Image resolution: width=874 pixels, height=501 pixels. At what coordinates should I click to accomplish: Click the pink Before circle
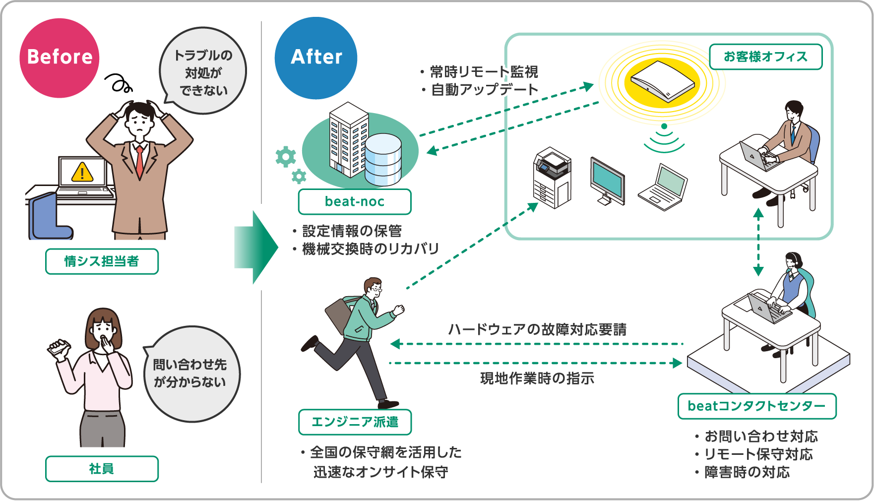[60, 58]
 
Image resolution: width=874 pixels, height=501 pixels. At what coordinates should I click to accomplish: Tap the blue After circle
[316, 58]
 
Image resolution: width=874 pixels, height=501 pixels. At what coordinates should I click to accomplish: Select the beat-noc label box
[354, 201]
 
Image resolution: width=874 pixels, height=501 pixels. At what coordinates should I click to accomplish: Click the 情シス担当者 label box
[102, 261]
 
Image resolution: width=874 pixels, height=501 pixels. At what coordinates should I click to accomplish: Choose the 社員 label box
[102, 469]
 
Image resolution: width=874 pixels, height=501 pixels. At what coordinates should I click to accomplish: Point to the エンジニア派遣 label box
[355, 422]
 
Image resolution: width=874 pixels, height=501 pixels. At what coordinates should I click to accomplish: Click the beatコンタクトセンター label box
[756, 406]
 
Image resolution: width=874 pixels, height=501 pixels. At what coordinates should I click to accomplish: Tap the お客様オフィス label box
[765, 57]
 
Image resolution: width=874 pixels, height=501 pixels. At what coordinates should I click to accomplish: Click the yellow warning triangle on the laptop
[82, 173]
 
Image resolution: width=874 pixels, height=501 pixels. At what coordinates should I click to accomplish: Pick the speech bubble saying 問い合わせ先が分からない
[190, 374]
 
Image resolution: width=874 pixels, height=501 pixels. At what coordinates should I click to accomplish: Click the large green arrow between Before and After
[255, 247]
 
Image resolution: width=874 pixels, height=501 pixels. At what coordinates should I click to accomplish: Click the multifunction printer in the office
[552, 178]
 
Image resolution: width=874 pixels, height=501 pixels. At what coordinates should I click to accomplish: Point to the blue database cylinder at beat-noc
[383, 159]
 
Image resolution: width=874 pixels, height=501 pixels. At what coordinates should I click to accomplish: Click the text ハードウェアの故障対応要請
[537, 329]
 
